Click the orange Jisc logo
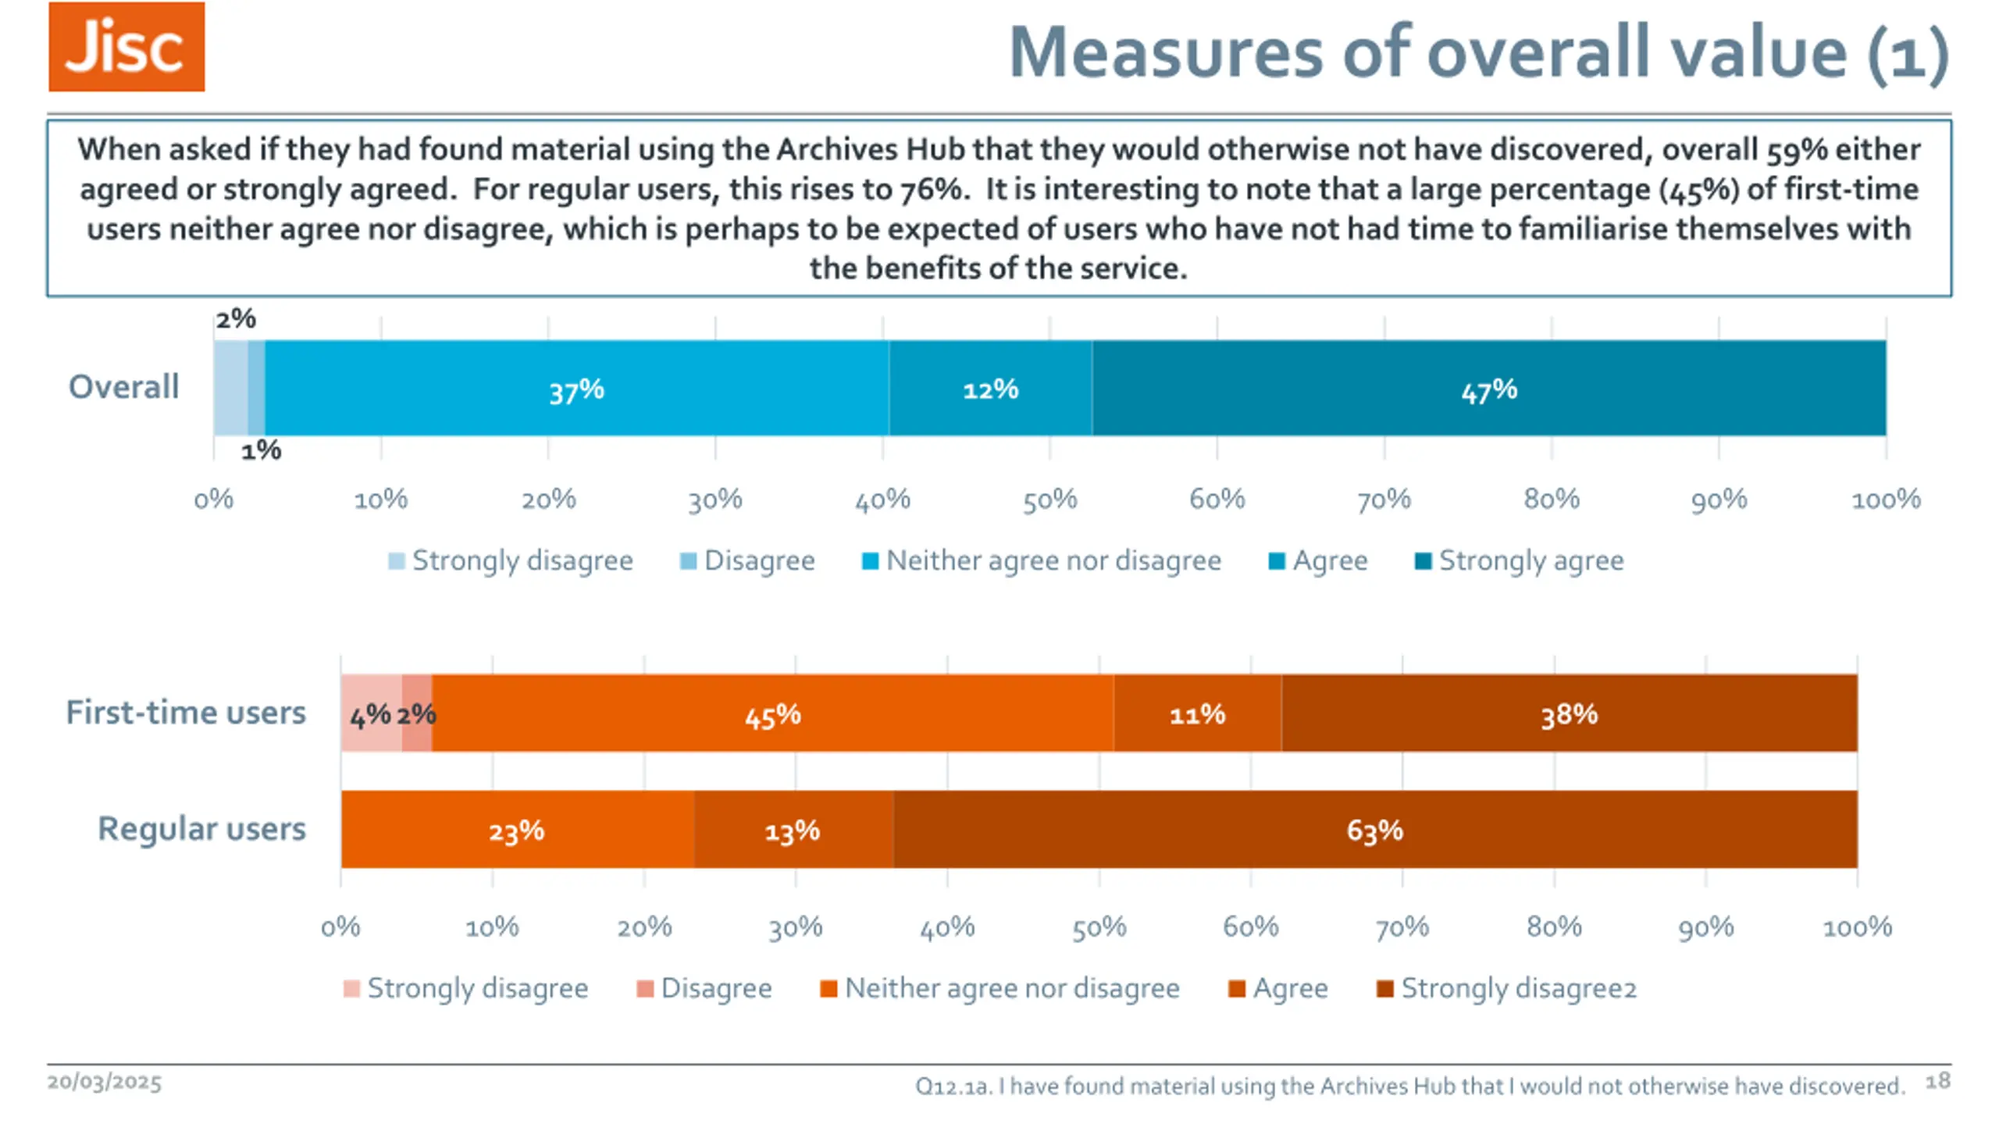click(x=126, y=47)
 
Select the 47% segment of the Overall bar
click(x=1488, y=389)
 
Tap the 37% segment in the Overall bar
click(x=576, y=389)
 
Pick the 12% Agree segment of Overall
click(x=990, y=389)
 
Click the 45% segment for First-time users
click(x=772, y=713)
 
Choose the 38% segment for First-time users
click(x=1569, y=713)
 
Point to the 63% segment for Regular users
click(x=1374, y=830)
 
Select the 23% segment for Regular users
click(x=517, y=830)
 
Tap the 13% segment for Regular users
click(x=793, y=830)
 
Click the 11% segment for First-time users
click(x=1197, y=713)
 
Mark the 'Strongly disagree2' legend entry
click(x=1507, y=988)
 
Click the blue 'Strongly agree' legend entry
click(x=1520, y=560)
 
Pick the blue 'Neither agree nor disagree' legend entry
click(x=1042, y=560)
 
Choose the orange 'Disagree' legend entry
click(x=704, y=988)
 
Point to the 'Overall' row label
click(x=124, y=386)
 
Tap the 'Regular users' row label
click(x=201, y=828)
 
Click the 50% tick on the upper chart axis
click(x=1050, y=499)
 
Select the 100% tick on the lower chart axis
click(x=1857, y=927)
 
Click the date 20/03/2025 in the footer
click(x=105, y=1083)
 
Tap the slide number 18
click(x=1937, y=1081)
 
